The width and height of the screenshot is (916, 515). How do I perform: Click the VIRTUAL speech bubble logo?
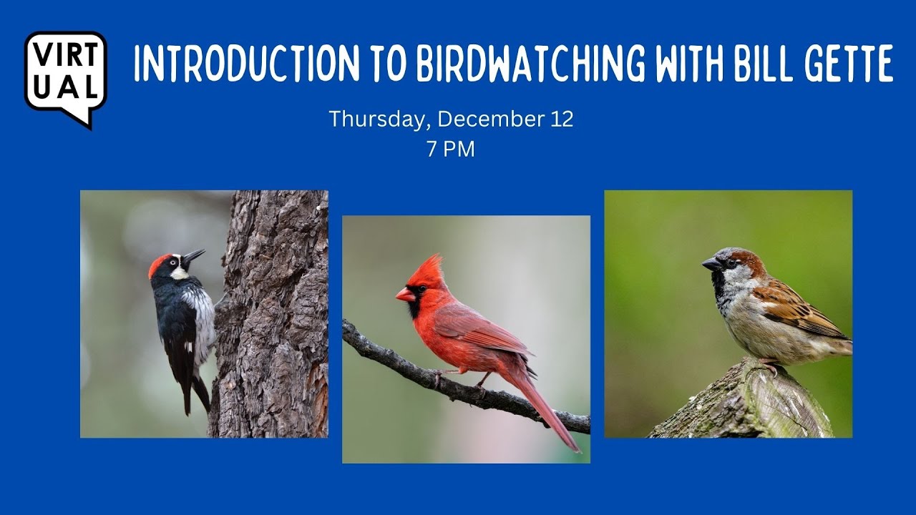pyautogui.click(x=65, y=75)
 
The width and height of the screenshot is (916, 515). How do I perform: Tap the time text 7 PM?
pyautogui.click(x=450, y=149)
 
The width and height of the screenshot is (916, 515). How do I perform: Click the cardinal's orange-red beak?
pyautogui.click(x=405, y=295)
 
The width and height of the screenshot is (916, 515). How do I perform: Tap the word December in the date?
pyautogui.click(x=487, y=119)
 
